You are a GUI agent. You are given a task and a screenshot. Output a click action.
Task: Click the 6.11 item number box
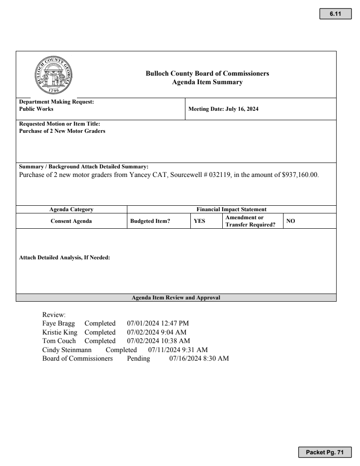point(335,14)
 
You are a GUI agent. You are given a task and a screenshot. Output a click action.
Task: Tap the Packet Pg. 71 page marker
point(324,452)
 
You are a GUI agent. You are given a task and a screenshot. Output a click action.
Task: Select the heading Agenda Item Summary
point(207,82)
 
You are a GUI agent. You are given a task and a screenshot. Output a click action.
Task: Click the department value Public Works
point(36,109)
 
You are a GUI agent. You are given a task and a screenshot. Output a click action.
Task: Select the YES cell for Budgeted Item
point(200,221)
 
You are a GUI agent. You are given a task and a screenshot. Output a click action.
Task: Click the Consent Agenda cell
point(71,221)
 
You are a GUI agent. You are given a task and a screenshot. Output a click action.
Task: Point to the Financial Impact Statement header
point(232,209)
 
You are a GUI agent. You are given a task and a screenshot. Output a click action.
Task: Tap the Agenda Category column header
point(71,209)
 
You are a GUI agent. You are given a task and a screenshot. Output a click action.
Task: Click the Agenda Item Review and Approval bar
point(176,298)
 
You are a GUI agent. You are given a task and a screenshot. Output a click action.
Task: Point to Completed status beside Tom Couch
point(100,341)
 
